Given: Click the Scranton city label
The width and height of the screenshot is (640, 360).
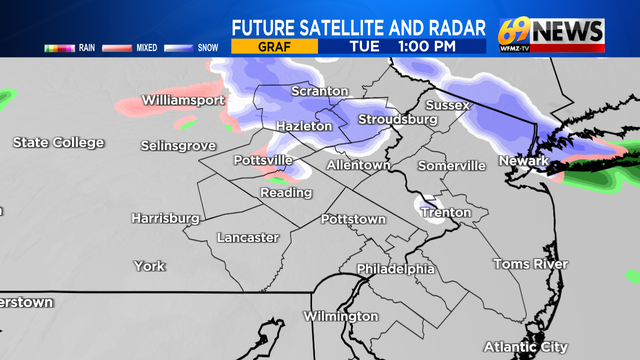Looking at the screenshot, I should (x=319, y=91).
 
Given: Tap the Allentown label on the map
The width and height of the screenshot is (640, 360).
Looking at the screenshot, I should (x=358, y=165).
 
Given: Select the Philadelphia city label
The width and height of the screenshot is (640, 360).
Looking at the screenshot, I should (x=395, y=269).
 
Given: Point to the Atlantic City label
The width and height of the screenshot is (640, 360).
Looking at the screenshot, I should (x=525, y=346).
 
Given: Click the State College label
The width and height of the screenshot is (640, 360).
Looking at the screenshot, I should (x=58, y=142).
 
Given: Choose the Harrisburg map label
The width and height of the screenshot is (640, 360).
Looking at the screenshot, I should (x=165, y=218).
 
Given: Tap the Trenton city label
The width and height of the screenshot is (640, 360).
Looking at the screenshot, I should (x=446, y=212).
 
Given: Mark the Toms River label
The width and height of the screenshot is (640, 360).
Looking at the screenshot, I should (x=530, y=263).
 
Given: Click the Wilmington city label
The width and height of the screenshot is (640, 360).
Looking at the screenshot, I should (x=340, y=316).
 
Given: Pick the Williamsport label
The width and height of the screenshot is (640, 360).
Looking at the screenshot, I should (x=183, y=100).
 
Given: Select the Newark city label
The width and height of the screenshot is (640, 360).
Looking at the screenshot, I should (x=524, y=161).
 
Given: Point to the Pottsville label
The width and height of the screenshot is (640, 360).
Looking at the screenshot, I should (x=263, y=160).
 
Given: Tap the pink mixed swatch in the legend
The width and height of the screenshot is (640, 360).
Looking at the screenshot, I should (x=117, y=48).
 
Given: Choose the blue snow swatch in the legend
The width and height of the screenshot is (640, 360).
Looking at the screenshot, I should (x=179, y=48).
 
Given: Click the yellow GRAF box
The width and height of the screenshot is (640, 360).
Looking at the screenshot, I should (x=274, y=46).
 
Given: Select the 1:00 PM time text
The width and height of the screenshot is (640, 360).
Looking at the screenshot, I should (x=426, y=46).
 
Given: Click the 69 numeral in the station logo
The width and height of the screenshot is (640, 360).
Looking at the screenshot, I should (x=513, y=32).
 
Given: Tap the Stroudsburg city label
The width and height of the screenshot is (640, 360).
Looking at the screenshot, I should (x=397, y=119).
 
